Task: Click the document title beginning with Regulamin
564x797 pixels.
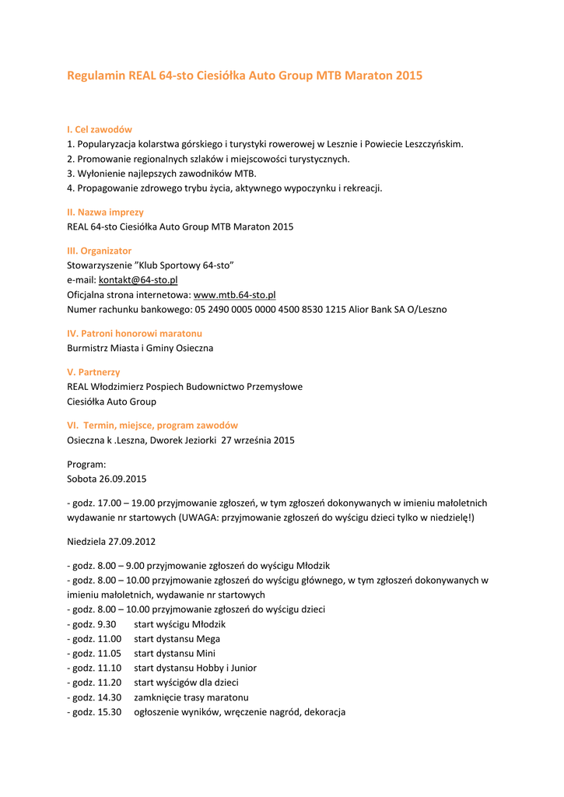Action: pos(244,76)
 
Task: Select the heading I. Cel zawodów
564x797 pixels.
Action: pos(100,129)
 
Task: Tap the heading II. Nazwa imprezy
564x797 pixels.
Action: pos(105,212)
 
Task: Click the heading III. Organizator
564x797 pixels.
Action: pos(100,251)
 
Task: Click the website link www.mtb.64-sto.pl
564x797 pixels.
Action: pos(234,295)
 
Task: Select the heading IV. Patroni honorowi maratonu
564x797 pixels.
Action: pos(135,333)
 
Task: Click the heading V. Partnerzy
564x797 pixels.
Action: pos(93,372)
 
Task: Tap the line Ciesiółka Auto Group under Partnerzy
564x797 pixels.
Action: pos(111,402)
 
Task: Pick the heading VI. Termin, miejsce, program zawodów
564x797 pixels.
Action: pos(152,426)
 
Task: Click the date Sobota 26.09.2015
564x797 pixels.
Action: pos(107,479)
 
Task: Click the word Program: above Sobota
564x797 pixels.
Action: pos(86,464)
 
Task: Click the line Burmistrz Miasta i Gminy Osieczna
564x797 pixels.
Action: pos(140,348)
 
